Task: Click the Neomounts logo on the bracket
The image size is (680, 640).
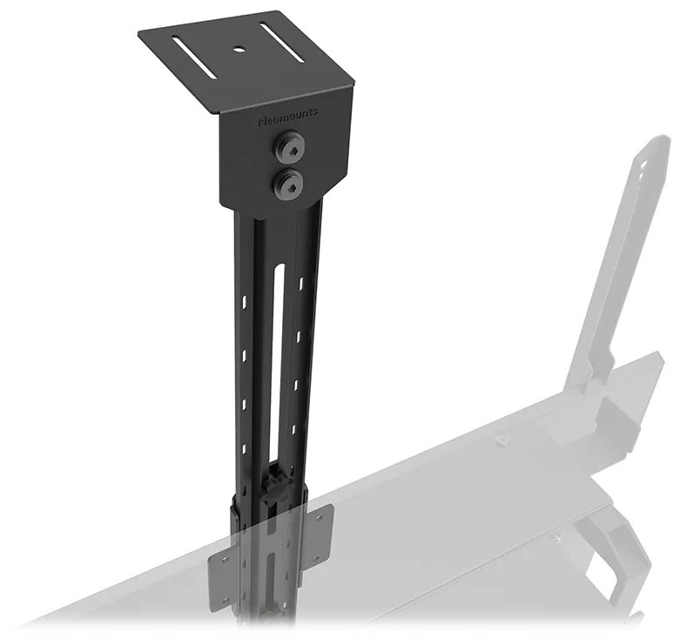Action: pos(288,113)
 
